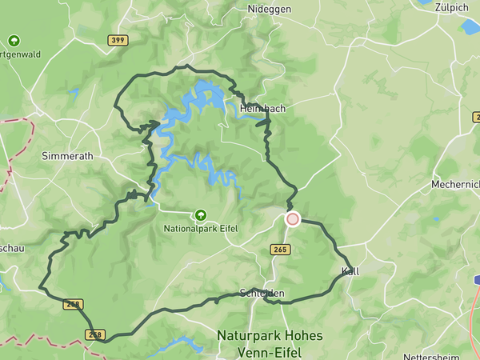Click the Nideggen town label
(270, 9)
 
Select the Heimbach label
(262, 107)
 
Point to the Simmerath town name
(68, 157)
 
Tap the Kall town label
(350, 271)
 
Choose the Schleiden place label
(262, 294)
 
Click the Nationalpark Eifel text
(201, 229)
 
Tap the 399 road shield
(118, 39)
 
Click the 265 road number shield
(280, 250)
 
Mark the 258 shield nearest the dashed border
(95, 334)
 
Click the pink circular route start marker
(293, 218)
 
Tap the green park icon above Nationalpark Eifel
(201, 214)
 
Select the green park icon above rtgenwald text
(14, 40)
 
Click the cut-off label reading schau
(12, 249)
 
